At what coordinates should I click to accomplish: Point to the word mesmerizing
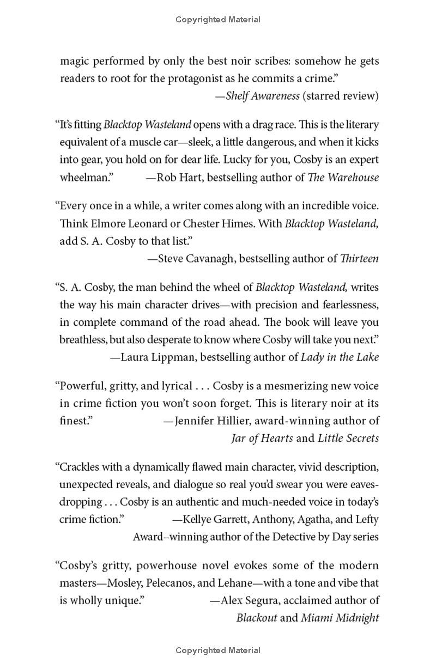(x=285, y=386)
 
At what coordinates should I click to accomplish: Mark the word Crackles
(x=81, y=467)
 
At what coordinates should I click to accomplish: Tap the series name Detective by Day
(x=311, y=537)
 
